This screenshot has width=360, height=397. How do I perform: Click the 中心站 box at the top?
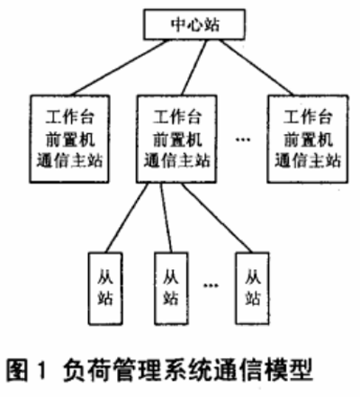click(194, 24)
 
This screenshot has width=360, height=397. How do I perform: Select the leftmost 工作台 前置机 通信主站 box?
click(69, 139)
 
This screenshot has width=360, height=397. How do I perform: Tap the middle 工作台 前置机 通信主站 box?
click(176, 139)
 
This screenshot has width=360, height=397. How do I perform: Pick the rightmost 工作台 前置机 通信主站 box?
click(308, 139)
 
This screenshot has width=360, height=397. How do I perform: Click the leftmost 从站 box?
click(105, 288)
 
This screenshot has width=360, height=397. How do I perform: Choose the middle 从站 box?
click(171, 288)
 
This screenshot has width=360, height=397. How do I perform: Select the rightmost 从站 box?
click(252, 288)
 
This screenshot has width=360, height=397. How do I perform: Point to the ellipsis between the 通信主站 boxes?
click(242, 140)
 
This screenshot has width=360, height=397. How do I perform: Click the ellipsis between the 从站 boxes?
click(211, 285)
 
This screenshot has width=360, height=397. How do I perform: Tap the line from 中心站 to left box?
click(119, 68)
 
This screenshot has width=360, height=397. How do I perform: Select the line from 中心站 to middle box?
click(194, 68)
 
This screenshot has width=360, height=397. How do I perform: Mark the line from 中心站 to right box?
click(256, 68)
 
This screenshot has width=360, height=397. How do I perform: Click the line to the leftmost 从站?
click(127, 218)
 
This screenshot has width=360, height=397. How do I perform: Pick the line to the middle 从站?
click(166, 218)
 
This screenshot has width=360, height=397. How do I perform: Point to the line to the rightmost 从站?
click(217, 218)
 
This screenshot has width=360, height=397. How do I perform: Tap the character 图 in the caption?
click(16, 370)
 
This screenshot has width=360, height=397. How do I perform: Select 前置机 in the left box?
click(70, 139)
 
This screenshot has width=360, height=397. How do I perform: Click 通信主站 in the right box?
click(308, 160)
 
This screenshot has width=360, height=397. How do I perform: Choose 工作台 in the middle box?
click(177, 117)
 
